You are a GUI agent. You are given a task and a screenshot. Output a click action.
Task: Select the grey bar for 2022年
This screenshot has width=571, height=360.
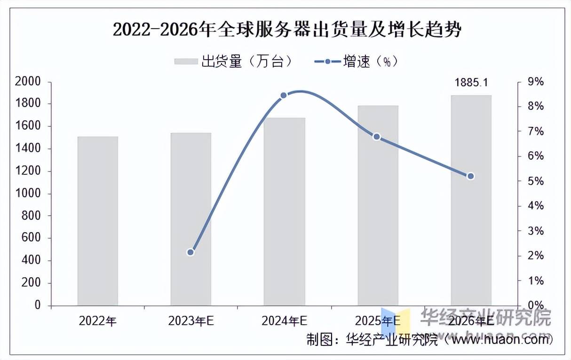pos(97,221)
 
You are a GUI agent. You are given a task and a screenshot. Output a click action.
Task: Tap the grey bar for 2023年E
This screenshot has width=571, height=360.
pos(190,219)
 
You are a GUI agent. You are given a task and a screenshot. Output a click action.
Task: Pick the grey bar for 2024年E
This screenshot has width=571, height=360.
pos(284,211)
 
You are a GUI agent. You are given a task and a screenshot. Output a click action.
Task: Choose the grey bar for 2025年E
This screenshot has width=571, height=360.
pos(378,205)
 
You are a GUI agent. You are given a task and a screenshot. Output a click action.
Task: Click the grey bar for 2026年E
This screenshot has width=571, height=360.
pos(471,200)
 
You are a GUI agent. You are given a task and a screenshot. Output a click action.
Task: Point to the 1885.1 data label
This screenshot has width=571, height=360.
pos(471,83)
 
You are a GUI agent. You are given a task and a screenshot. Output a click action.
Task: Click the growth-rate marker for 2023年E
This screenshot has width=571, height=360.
pos(190,252)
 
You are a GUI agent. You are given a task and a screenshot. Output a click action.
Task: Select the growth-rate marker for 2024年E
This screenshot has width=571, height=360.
pos(284,95)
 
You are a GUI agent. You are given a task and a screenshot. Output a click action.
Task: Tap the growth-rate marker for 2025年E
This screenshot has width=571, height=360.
pos(377,137)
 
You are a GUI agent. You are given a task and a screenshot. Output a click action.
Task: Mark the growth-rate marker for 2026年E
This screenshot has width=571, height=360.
pos(470,176)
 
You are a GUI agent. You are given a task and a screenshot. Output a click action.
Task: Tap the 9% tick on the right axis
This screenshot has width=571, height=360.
pos(535,82)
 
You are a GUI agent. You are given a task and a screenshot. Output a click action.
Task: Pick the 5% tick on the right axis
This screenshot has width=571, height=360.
pos(535,181)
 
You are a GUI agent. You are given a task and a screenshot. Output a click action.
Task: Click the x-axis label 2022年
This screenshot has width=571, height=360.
pos(97,321)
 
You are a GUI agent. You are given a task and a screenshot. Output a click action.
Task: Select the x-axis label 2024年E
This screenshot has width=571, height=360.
pos(284,321)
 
